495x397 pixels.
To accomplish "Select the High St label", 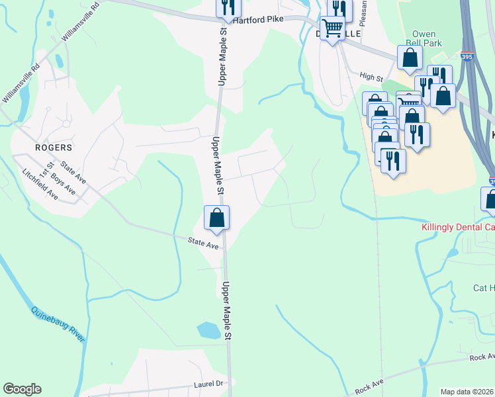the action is (371, 77).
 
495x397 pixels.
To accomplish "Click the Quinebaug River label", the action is (58, 324).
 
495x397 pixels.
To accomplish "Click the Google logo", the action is (22, 389).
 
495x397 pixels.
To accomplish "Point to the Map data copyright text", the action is (467, 392).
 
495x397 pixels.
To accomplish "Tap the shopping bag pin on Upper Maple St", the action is (216, 218).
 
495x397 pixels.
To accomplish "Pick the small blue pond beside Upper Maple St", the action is (208, 330).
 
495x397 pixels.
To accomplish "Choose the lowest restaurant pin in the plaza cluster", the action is (394, 161).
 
